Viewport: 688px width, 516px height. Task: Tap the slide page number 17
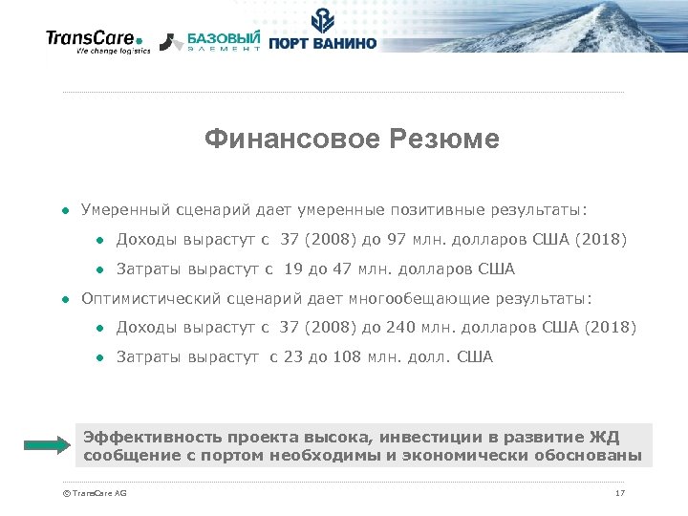coord(620,493)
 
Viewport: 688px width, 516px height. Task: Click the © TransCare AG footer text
coord(94,493)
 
